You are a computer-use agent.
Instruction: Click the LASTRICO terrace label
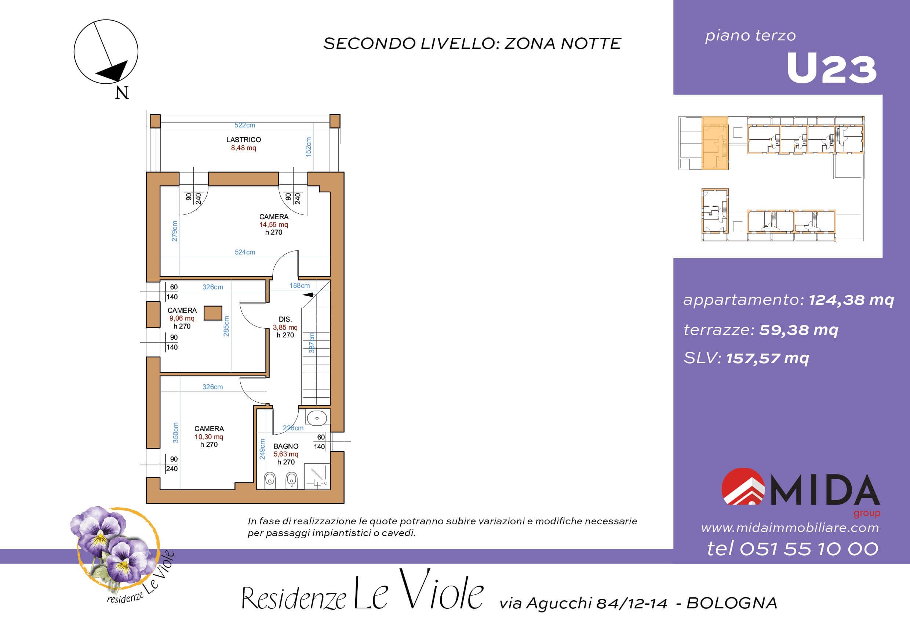click(x=243, y=140)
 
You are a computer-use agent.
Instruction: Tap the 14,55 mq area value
click(x=273, y=224)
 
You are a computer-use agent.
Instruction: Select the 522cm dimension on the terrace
click(x=244, y=125)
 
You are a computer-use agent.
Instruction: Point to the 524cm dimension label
click(x=244, y=252)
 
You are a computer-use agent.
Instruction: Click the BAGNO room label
click(x=286, y=446)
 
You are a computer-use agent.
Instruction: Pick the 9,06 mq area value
click(x=182, y=318)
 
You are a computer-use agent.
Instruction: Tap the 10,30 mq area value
click(x=209, y=437)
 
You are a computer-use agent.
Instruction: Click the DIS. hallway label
click(x=285, y=319)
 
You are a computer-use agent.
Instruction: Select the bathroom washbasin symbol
click(x=317, y=418)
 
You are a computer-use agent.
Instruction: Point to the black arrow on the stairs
click(x=308, y=294)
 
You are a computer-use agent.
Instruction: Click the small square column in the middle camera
click(x=213, y=313)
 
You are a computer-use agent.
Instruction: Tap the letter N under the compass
click(x=122, y=93)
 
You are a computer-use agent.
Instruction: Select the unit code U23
click(x=831, y=69)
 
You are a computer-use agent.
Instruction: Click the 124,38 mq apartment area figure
click(x=851, y=300)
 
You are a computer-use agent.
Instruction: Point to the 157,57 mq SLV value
click(x=768, y=358)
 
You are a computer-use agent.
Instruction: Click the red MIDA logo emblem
click(x=743, y=486)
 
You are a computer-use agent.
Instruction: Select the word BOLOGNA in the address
click(x=732, y=603)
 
